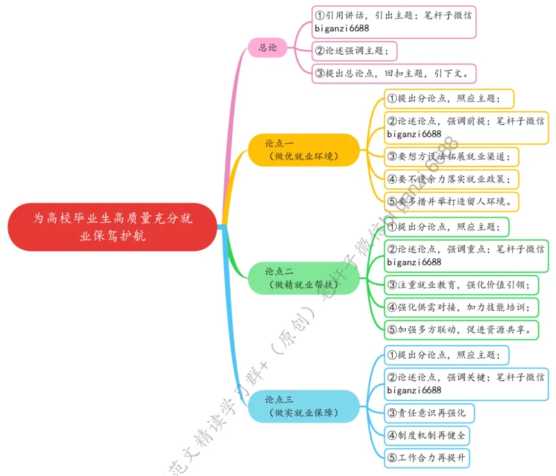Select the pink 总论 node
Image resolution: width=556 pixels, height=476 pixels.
coord(268,48)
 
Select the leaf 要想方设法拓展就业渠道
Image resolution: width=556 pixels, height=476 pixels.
coord(452,155)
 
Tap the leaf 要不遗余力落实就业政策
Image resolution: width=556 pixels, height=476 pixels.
coord(452,179)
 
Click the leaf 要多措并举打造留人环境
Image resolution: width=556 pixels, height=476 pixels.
coord(452,202)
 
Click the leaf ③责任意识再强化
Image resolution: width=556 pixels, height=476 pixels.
coord(430,413)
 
